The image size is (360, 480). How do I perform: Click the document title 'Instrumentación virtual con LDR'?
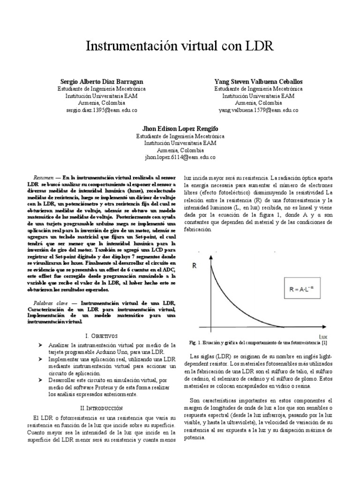pyautogui.click(x=180, y=46)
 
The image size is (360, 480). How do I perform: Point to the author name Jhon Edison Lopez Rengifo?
pyautogui.click(x=180, y=128)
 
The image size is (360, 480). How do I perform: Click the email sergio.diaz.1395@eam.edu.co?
pyautogui.click(x=101, y=110)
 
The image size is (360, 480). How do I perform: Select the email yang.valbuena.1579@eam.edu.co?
pyautogui.click(x=258, y=110)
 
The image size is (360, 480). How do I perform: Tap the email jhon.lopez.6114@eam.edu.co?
pyautogui.click(x=180, y=158)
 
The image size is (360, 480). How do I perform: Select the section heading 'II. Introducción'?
pyautogui.click(x=102, y=409)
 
